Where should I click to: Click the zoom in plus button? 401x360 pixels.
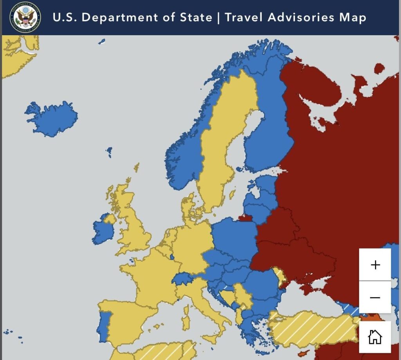(x=375, y=265)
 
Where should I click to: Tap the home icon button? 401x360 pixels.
(x=375, y=337)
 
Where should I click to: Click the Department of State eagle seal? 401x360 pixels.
(x=25, y=17)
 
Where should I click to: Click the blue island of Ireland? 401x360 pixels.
(x=103, y=231)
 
